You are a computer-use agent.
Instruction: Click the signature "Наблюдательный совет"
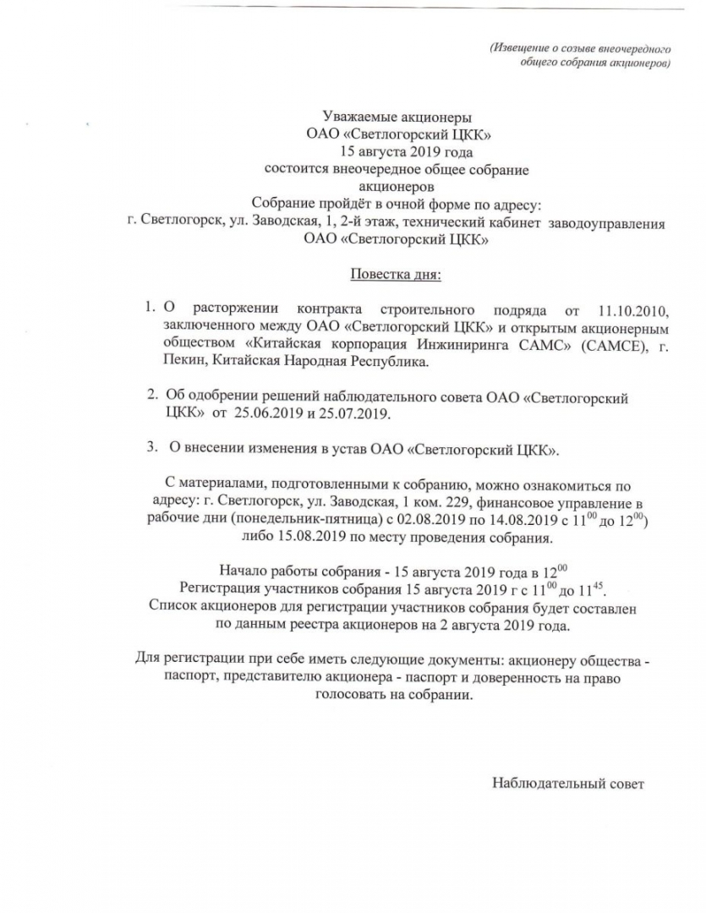568,783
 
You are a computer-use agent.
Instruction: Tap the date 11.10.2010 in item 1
632,309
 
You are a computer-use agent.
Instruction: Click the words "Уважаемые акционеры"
397,117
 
